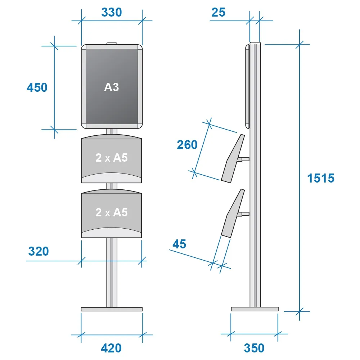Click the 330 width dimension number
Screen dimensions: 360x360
[x=111, y=12]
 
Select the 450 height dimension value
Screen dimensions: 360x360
[x=37, y=87]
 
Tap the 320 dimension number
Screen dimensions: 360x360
[x=39, y=251]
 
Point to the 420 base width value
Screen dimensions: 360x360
[x=111, y=348]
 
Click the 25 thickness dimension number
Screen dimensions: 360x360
[x=219, y=12]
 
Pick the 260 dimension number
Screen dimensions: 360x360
[x=187, y=145]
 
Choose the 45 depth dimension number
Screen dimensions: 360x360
[x=179, y=244]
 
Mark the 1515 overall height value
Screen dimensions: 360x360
[x=321, y=178]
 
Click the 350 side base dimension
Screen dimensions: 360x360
[x=254, y=348]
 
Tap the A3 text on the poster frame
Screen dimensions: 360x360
[x=111, y=87]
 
